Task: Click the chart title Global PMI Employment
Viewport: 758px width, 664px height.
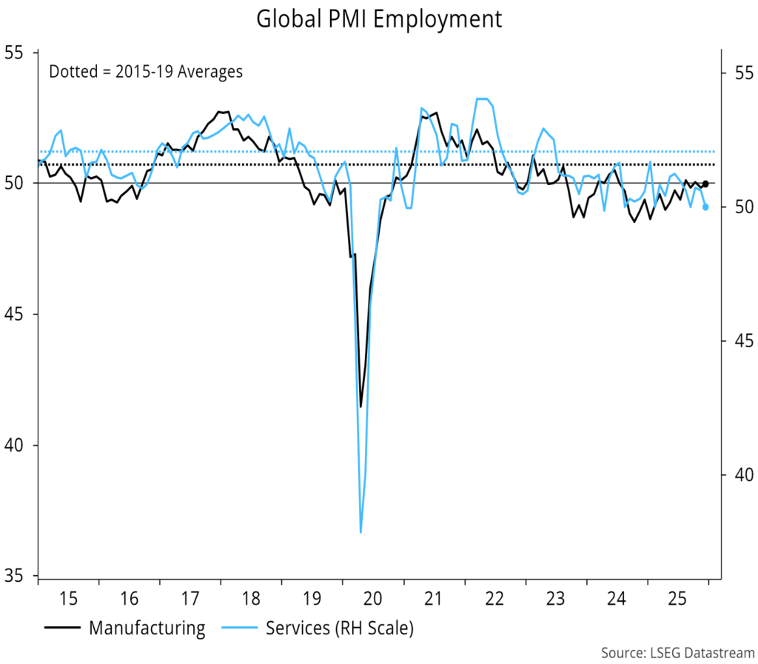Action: (x=379, y=19)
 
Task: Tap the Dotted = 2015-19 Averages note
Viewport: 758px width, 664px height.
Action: (x=146, y=72)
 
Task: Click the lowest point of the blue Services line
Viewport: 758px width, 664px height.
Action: (x=360, y=531)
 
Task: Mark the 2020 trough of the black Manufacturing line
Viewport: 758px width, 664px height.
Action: (x=360, y=406)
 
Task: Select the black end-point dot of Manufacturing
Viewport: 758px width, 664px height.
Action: (x=705, y=184)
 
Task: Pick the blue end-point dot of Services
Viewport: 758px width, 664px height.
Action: (x=705, y=207)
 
